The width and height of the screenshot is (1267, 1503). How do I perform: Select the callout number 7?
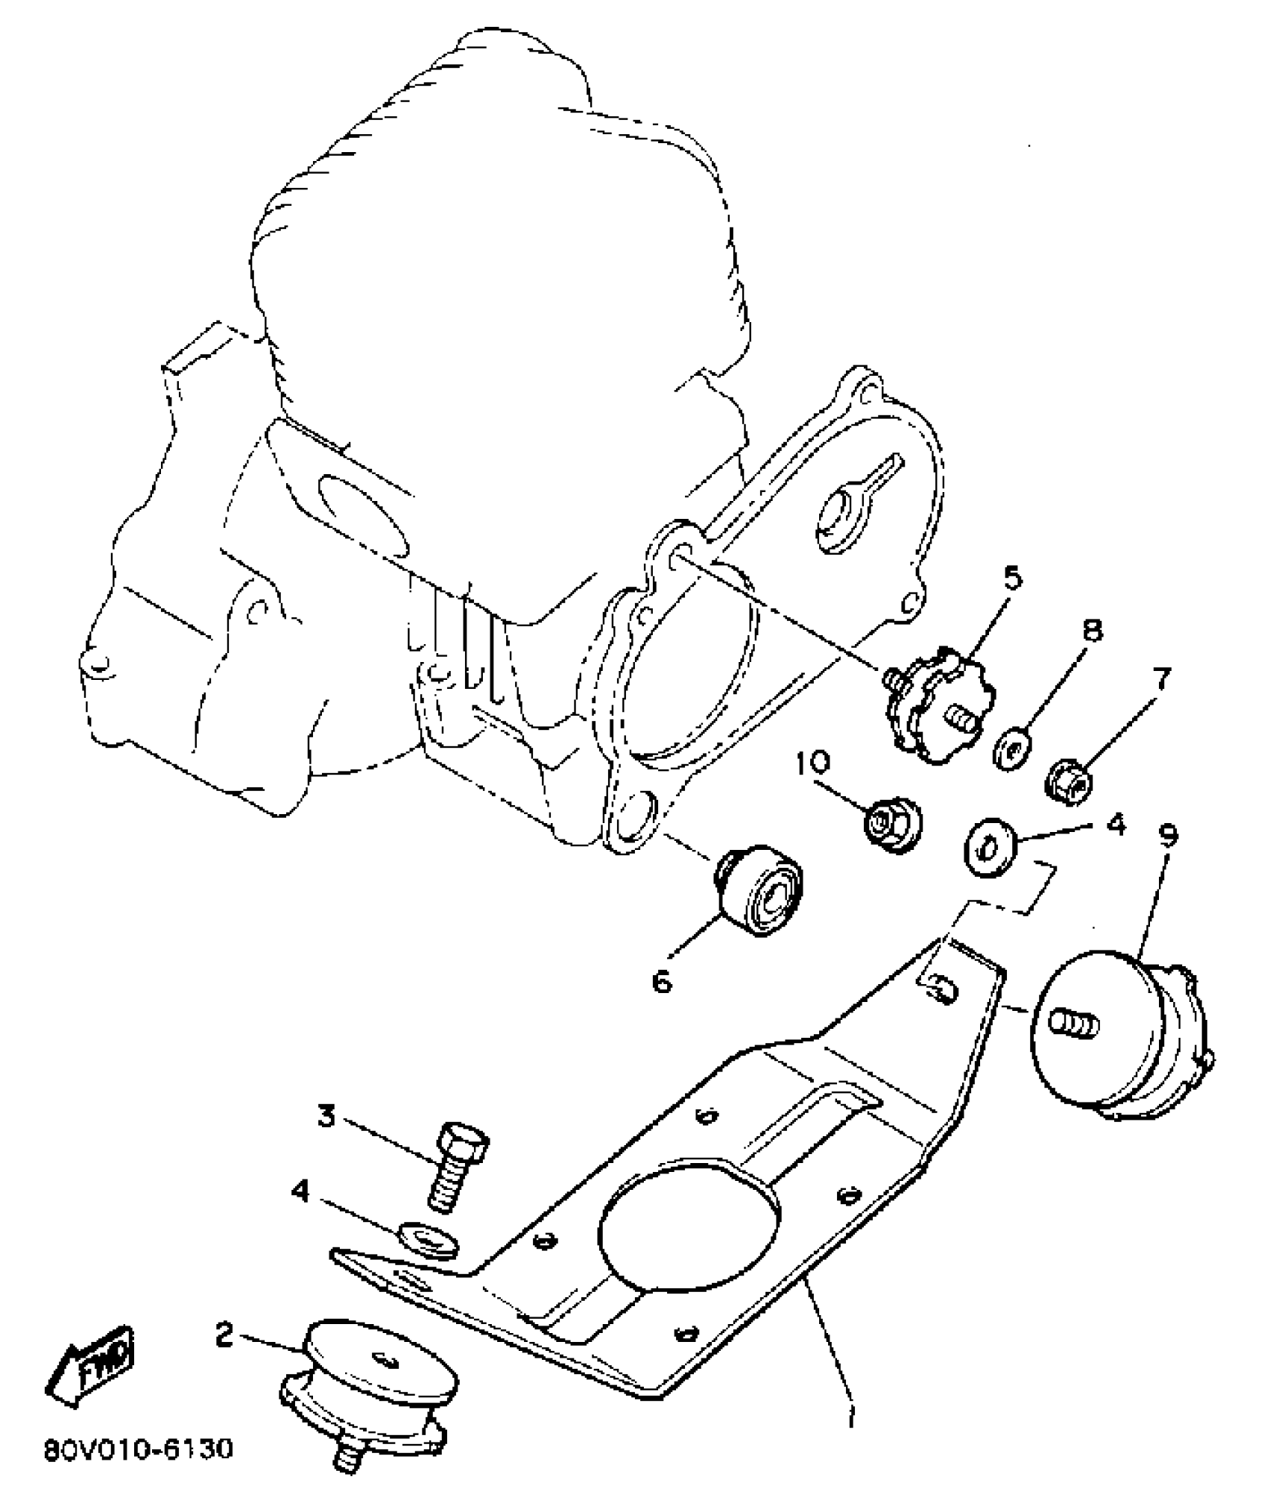pos(1160,679)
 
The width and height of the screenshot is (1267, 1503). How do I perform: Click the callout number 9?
pos(1168,836)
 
